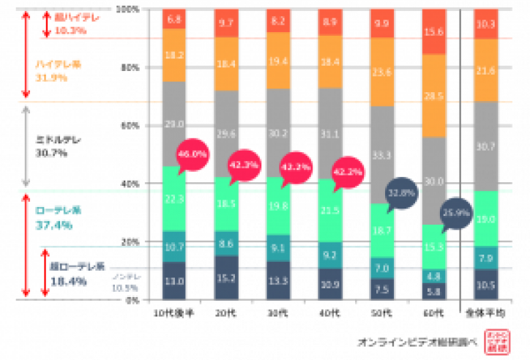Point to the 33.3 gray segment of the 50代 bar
[382, 155]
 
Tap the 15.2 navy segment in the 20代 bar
[226, 278]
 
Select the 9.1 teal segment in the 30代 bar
[278, 247]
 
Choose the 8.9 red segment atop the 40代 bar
[330, 23]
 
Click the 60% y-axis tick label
[130, 125]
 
